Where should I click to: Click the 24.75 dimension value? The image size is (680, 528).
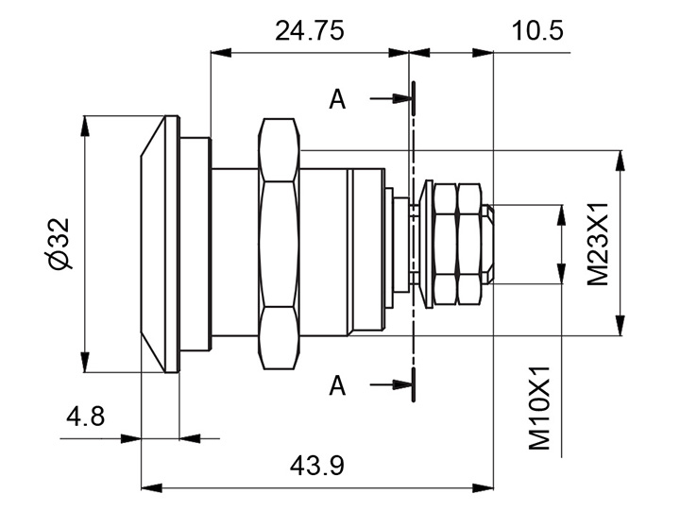pos(309,30)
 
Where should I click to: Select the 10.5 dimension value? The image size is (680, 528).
pos(537,30)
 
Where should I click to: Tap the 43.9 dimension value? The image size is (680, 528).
pos(317,466)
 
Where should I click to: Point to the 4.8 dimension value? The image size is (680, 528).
pos(86,417)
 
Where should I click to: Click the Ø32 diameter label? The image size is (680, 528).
pos(59,243)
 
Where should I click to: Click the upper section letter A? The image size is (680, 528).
pos(337,99)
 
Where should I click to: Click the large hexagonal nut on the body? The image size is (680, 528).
pos(280,243)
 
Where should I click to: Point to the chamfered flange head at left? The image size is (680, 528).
pos(159,244)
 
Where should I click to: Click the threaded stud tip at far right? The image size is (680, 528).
pos(487,244)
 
